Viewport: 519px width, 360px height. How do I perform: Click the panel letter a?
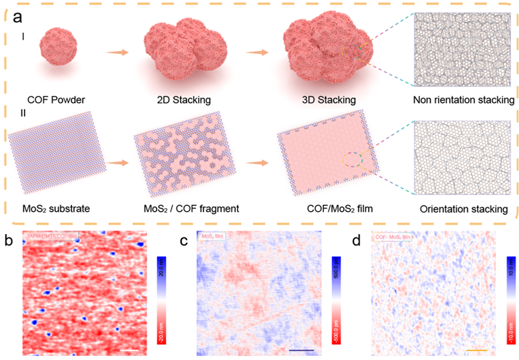coord(19,14)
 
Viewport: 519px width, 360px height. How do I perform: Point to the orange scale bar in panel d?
coord(476,351)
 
